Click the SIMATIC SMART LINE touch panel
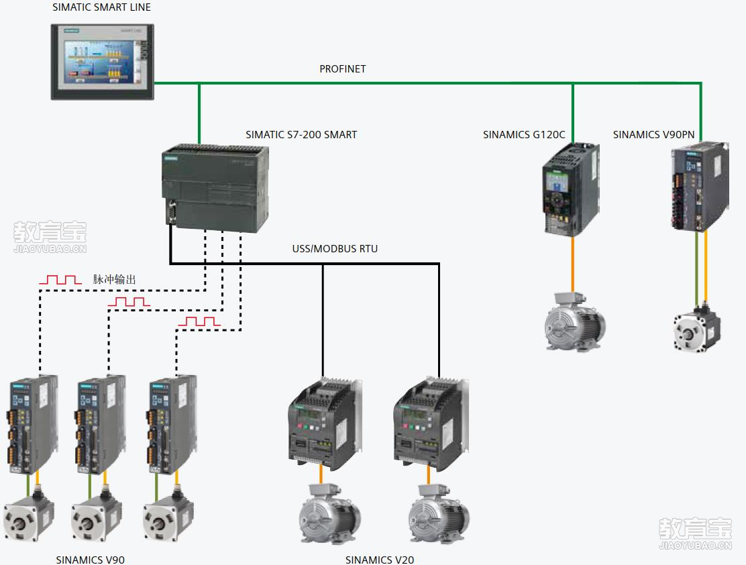(x=103, y=62)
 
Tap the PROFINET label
(x=342, y=69)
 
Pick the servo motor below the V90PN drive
(x=697, y=329)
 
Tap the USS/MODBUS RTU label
(x=335, y=249)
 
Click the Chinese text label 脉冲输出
(x=115, y=279)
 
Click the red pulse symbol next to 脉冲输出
(x=60, y=279)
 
